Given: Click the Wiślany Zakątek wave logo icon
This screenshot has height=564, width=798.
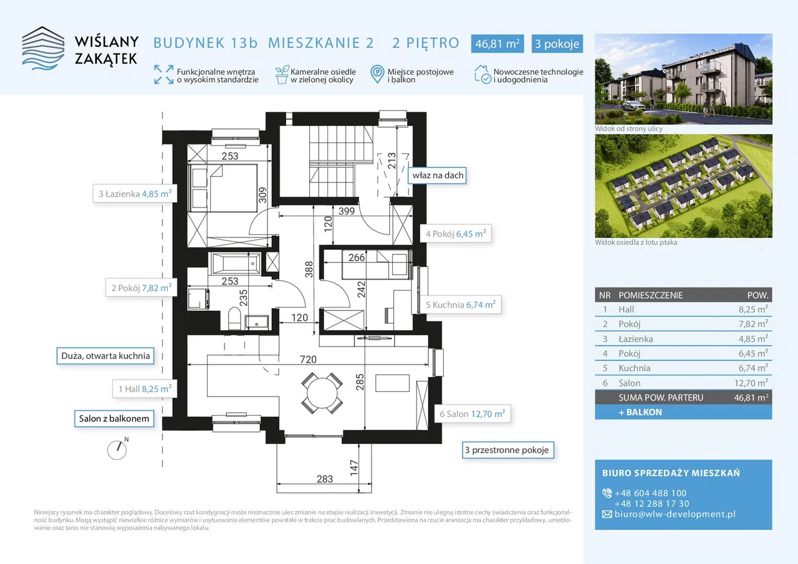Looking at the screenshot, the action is (43, 48).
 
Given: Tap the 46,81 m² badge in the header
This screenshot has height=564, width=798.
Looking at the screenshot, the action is (498, 44).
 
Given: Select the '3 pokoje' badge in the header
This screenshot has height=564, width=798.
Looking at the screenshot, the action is (557, 44).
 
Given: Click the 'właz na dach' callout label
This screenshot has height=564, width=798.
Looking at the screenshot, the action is (438, 175).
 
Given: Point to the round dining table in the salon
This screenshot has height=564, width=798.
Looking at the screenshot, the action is (322, 393).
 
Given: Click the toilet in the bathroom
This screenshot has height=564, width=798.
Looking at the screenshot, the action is (234, 318).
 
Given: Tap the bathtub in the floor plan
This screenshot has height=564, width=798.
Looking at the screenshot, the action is (236, 264).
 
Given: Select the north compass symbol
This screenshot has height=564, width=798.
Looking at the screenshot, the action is (118, 449).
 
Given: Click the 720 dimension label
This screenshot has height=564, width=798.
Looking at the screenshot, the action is (308, 359).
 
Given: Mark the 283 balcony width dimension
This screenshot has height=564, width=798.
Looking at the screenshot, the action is (325, 479).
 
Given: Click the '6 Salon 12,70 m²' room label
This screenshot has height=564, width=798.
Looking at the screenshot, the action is (473, 414).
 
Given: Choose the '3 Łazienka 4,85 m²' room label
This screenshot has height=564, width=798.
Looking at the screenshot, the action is (135, 194).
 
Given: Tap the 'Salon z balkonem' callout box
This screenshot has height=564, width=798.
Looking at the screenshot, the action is (114, 418).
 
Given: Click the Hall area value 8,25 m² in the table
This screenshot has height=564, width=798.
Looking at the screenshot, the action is (753, 309).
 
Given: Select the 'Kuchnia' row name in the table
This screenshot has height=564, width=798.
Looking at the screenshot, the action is (634, 368).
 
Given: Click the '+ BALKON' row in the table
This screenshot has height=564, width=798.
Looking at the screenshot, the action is (683, 412).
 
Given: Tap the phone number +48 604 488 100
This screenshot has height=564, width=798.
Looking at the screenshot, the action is (650, 493).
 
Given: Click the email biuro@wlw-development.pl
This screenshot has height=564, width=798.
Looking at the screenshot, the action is (675, 514).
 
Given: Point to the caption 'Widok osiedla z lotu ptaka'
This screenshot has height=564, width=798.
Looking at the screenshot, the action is (636, 242).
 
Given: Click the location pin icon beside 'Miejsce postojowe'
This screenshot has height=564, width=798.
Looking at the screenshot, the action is (377, 74).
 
